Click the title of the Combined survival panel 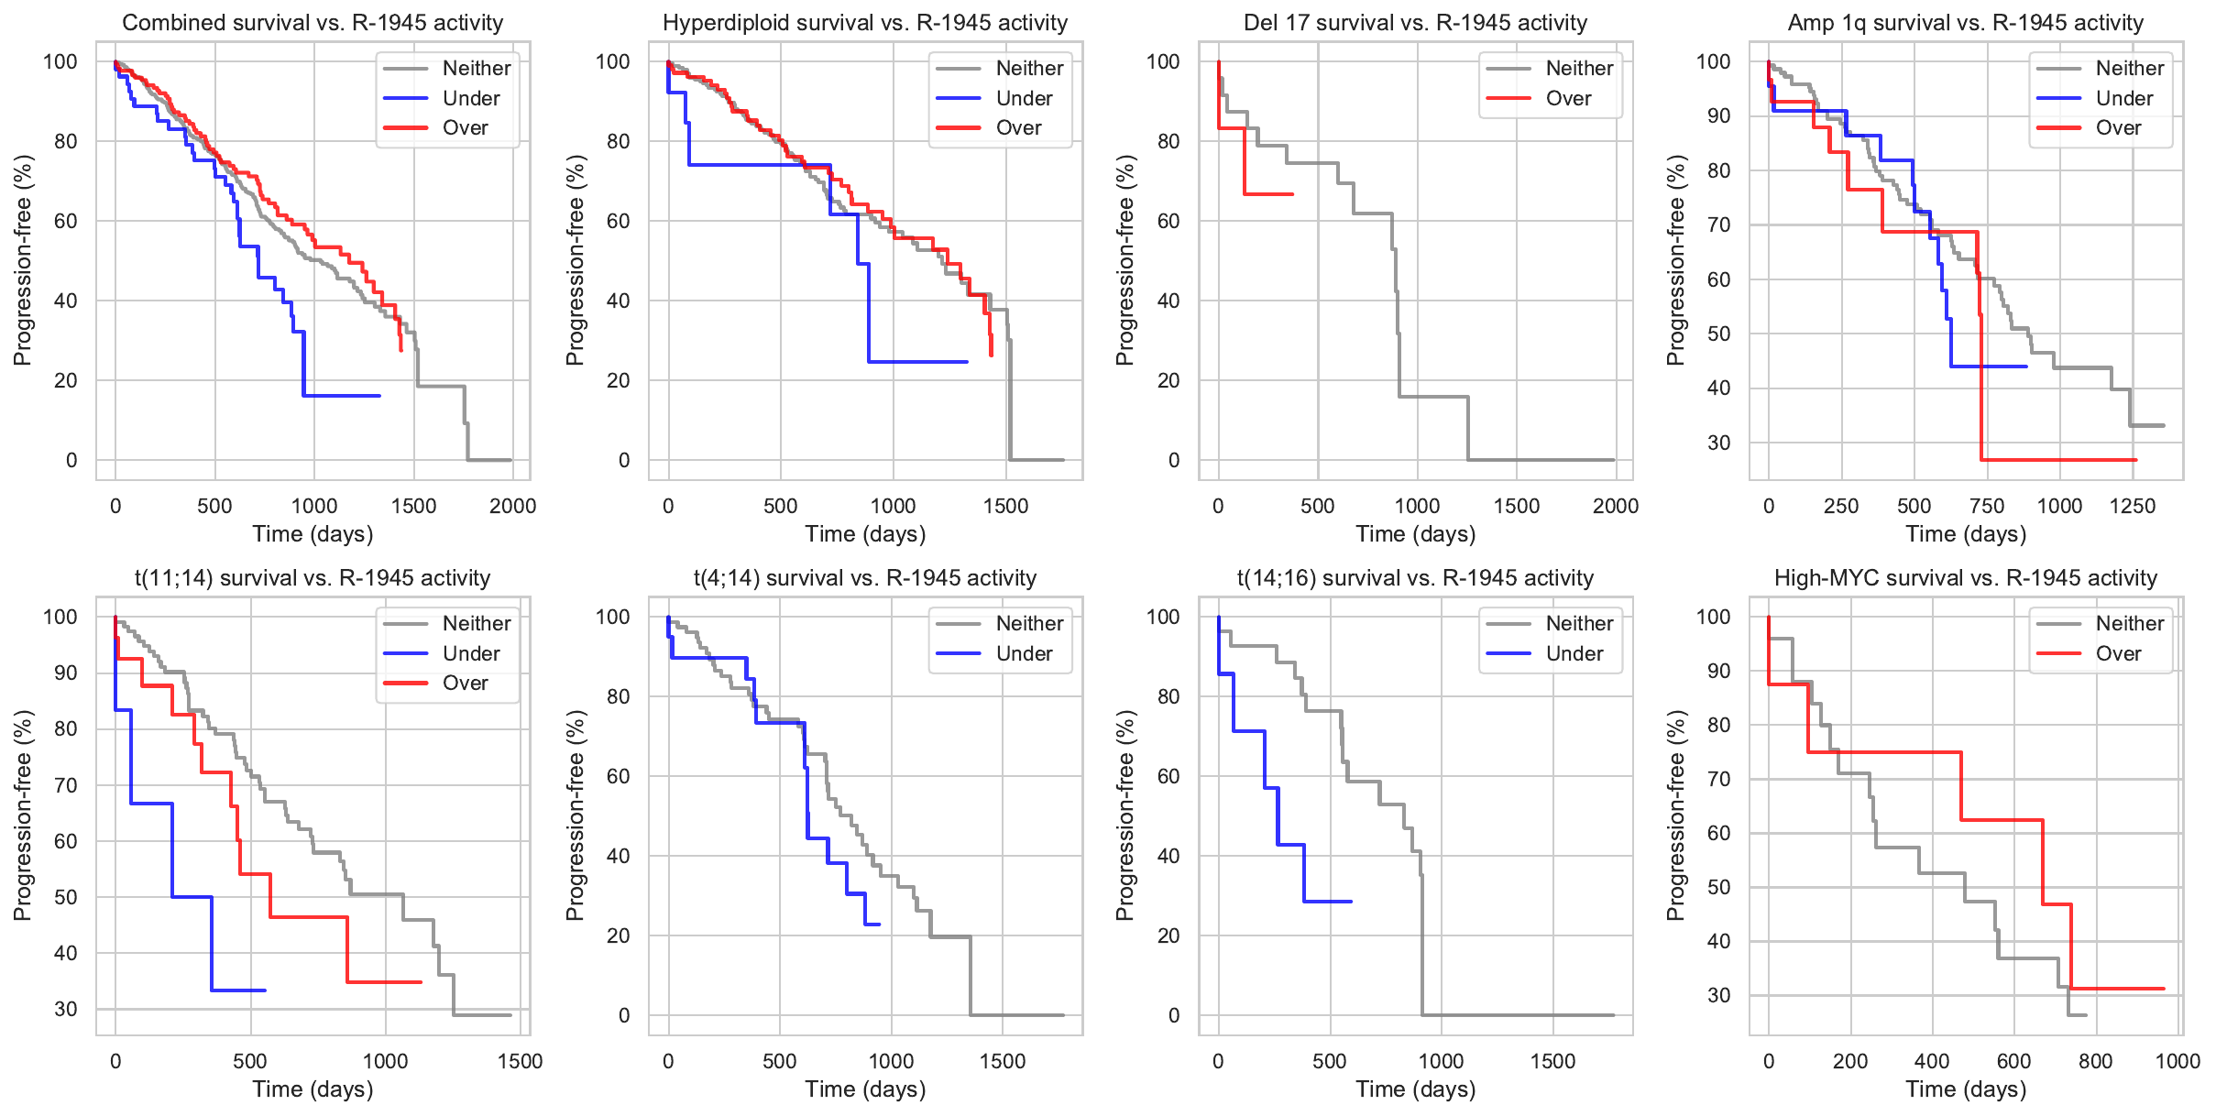pos(313,23)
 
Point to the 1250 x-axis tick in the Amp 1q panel pos(2132,506)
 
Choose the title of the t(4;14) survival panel pos(864,578)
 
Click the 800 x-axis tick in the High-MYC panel pos(2095,1061)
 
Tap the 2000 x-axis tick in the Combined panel pos(512,506)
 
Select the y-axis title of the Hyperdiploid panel pos(575,260)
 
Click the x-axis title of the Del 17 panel pos(1415,534)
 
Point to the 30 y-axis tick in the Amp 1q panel pos(1718,443)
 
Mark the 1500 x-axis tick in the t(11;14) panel pos(520,1061)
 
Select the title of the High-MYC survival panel pos(1965,578)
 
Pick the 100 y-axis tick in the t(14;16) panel pos(1163,617)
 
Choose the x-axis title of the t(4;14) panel pos(864,1089)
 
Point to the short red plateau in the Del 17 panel pos(1268,194)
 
